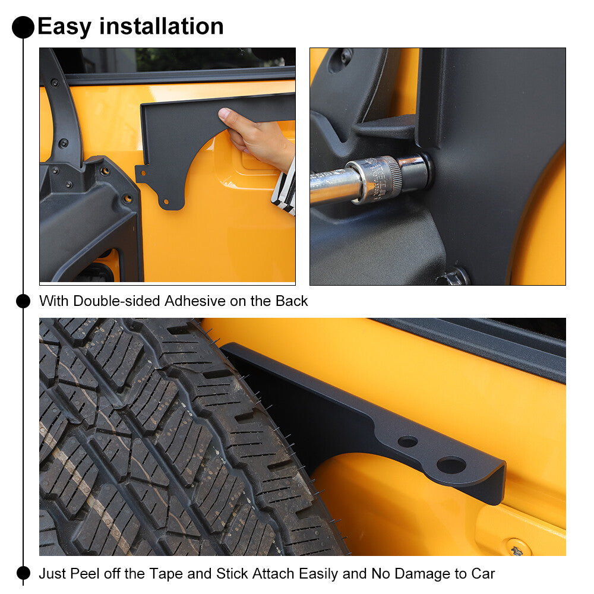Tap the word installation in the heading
pyautogui.click(x=162, y=27)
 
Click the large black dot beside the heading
pyautogui.click(x=23, y=27)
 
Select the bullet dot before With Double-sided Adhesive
pyautogui.click(x=23, y=301)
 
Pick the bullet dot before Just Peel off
pyautogui.click(x=23, y=573)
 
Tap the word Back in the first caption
pyautogui.click(x=291, y=301)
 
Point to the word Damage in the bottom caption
pyautogui.click(x=416, y=574)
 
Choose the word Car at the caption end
pyautogui.click(x=482, y=574)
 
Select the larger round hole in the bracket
pyautogui.click(x=451, y=465)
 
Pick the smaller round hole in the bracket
pyautogui.click(x=407, y=441)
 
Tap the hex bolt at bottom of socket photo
pyautogui.click(x=456, y=277)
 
